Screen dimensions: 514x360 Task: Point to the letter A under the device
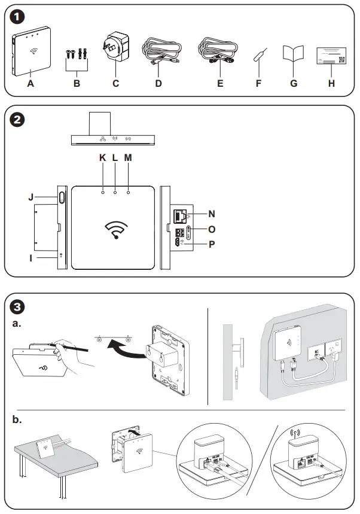30,84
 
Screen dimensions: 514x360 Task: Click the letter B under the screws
77,84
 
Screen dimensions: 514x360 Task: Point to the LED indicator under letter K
103,193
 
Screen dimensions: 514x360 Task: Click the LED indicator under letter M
128,193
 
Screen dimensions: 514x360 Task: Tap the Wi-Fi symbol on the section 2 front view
116,230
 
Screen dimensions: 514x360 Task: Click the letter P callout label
212,244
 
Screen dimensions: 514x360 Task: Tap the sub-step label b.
17,420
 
